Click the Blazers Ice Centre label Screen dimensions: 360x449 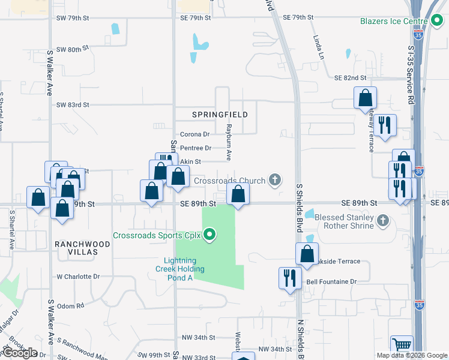pyautogui.click(x=393, y=21)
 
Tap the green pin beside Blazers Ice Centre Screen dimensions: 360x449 pyautogui.click(x=437, y=21)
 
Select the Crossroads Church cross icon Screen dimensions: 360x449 pyautogui.click(x=275, y=179)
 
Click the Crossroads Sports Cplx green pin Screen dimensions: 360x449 pyautogui.click(x=209, y=234)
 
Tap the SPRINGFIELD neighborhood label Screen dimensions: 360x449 pyautogui.click(x=220, y=114)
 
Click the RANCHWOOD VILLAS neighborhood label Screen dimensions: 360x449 pyautogui.click(x=82, y=244)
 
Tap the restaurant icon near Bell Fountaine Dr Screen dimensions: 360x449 pyautogui.click(x=289, y=278)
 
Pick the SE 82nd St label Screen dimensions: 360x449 pyautogui.click(x=350, y=78)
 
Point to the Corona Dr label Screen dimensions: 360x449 pyautogui.click(x=194, y=134)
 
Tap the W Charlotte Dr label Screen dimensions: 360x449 pyautogui.click(x=77, y=277)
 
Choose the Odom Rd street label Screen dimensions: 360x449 pyautogui.click(x=71, y=306)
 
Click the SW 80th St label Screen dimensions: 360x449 pyautogui.click(x=72, y=49)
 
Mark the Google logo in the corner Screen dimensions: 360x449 pyautogui.click(x=20, y=353)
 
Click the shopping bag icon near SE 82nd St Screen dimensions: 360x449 pyautogui.click(x=365, y=98)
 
